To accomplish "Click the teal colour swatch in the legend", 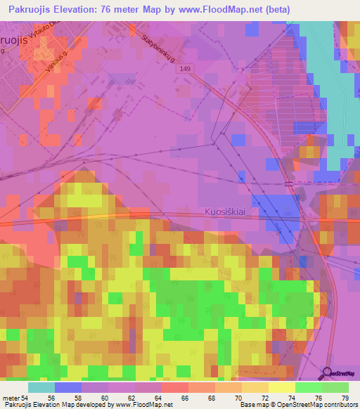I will (x=41, y=387).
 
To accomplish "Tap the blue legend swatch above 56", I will (x=68, y=387).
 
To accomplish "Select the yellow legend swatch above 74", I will (x=282, y=387).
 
